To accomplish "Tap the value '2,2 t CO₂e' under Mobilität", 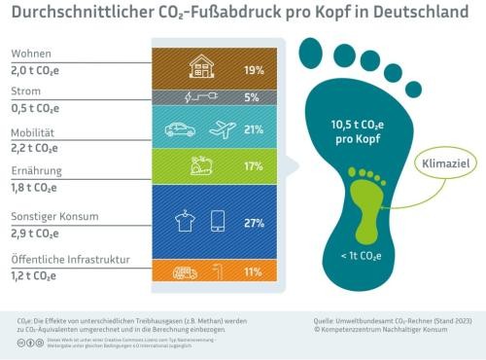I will (38, 148).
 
